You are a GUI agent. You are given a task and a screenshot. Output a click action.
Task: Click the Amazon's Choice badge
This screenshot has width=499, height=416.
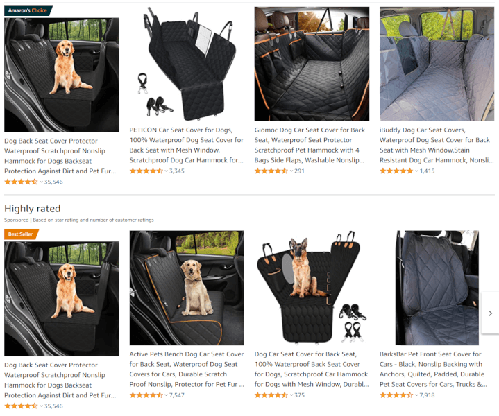tap(28, 10)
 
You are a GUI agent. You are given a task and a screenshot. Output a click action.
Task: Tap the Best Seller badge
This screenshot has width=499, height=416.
tap(21, 234)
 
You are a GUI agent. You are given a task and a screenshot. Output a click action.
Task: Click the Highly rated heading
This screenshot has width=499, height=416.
tap(33, 209)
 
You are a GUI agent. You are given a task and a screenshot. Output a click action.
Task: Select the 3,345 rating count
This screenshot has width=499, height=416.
tap(176, 171)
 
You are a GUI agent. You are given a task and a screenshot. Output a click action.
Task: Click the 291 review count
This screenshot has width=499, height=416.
tap(299, 171)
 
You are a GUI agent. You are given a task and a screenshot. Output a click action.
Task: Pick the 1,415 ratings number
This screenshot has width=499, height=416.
tap(427, 171)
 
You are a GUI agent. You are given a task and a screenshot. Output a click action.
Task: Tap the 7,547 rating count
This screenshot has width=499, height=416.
tap(176, 395)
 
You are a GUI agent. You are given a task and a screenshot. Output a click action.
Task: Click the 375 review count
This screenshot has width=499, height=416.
tap(299, 395)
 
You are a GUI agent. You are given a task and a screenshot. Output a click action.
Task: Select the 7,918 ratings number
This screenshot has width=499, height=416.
tap(427, 395)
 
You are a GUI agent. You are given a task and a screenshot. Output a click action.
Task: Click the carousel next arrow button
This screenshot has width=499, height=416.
tap(491, 313)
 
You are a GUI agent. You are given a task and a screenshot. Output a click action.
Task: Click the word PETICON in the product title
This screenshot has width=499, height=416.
tap(143, 130)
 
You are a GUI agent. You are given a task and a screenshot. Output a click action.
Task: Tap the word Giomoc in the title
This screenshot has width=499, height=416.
tap(266, 130)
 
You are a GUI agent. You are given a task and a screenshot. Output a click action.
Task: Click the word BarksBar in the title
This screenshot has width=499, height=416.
tap(393, 354)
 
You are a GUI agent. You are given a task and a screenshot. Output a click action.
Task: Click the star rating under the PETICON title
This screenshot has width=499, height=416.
tap(146, 171)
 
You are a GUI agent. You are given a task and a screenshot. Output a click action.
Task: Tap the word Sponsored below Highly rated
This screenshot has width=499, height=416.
tap(16, 220)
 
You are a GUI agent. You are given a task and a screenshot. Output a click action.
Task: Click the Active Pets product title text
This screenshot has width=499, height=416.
tap(187, 370)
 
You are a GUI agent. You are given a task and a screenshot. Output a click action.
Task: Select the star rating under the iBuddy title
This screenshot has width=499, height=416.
tap(396, 171)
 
